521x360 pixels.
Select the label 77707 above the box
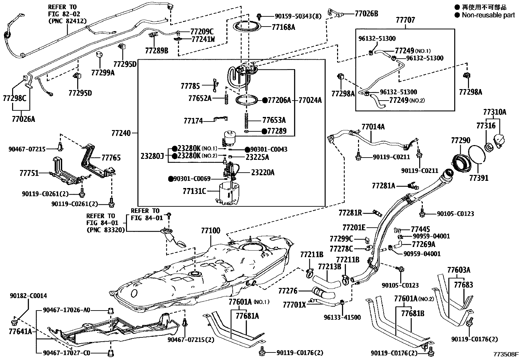click(405, 20)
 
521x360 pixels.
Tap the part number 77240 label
click(121, 133)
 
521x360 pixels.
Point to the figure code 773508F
click(506, 354)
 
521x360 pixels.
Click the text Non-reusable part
click(488, 15)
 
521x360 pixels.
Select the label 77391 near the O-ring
click(478, 178)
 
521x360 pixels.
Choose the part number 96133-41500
click(342, 317)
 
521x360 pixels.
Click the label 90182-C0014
click(28, 296)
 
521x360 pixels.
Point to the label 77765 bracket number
click(111, 158)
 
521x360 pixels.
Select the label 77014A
click(373, 126)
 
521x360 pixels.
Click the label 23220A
click(262, 172)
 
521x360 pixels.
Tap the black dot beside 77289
click(264, 131)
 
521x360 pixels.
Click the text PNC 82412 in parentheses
click(67, 21)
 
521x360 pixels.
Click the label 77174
click(193, 121)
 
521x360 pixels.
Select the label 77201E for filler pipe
click(354, 227)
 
